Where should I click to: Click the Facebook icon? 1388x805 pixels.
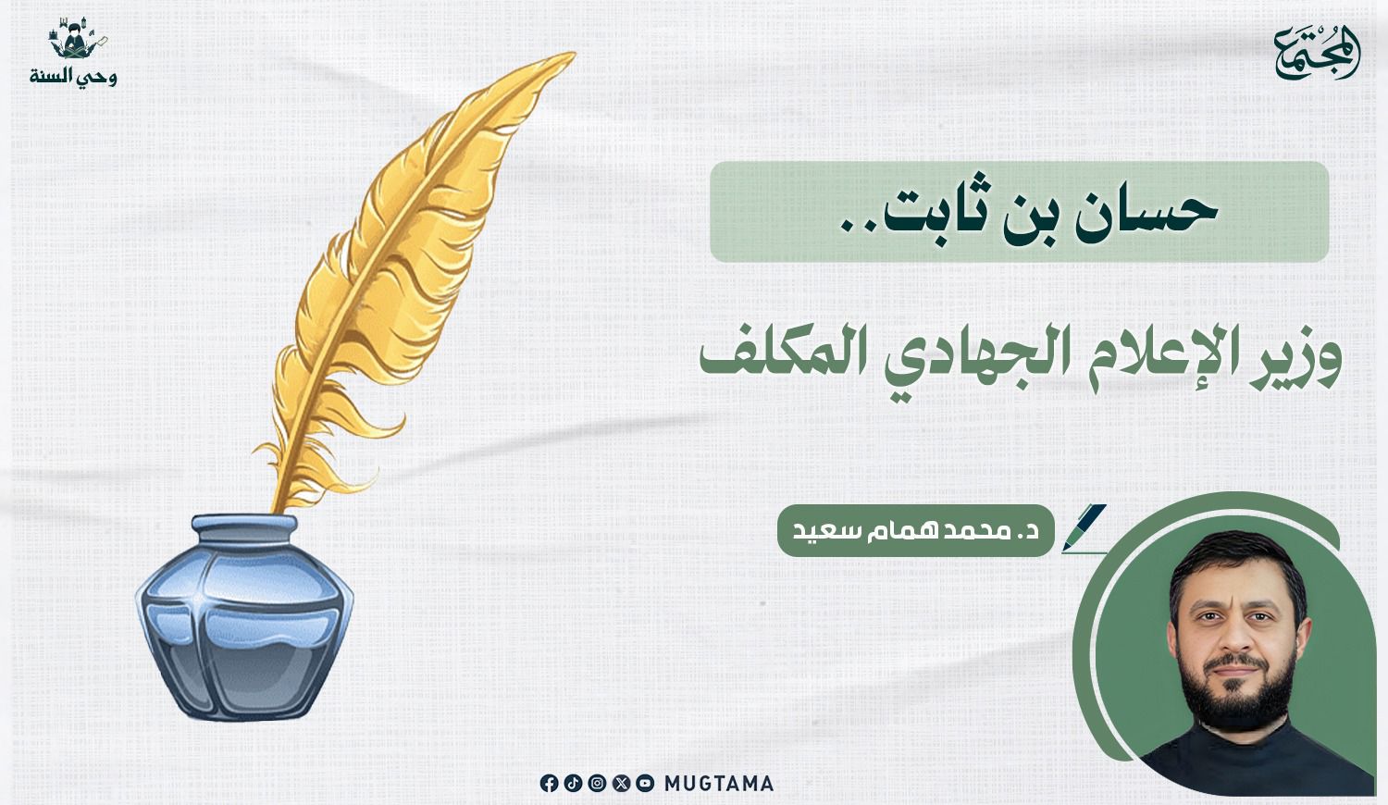[549, 784]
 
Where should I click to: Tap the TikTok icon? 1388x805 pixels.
[573, 784]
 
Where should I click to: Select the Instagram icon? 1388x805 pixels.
[597, 784]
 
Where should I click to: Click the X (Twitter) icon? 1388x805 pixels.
[621, 784]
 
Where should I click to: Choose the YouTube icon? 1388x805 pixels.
[645, 784]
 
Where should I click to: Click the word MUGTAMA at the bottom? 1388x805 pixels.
[719, 784]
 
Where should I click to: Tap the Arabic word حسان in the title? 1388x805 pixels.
[1146, 215]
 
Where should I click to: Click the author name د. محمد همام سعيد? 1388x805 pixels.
[916, 532]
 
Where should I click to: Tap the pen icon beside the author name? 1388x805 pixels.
[1084, 528]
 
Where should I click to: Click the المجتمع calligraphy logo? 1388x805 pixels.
[1317, 54]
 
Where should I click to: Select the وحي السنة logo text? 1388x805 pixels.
[73, 77]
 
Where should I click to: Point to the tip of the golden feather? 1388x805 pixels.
[574, 55]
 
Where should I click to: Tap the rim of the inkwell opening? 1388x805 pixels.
[244, 525]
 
